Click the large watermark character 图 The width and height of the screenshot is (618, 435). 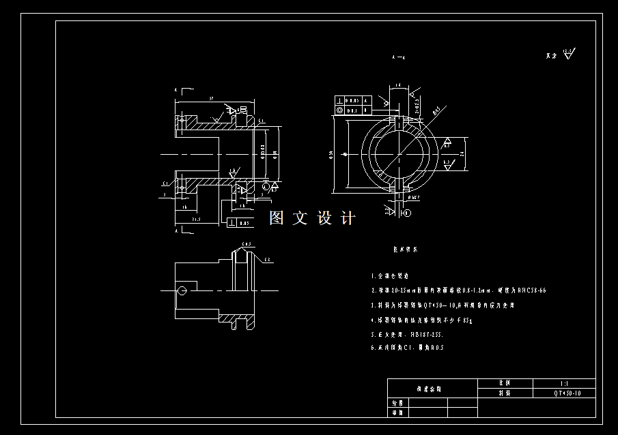277,218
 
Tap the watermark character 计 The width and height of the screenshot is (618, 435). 348,218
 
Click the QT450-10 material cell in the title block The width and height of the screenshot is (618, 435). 567,393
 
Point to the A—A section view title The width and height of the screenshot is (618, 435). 399,59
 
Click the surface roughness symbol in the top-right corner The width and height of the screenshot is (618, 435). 570,54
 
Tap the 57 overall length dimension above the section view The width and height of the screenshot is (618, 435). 212,99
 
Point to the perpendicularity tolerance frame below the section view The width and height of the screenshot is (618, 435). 239,223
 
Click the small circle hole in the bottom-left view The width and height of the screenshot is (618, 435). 182,290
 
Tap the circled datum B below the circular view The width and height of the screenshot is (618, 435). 407,213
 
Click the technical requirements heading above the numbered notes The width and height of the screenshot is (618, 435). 405,250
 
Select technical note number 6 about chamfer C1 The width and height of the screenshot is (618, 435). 407,348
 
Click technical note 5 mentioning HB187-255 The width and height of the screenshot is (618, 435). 407,335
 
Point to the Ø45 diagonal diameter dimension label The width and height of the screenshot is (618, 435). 437,109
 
